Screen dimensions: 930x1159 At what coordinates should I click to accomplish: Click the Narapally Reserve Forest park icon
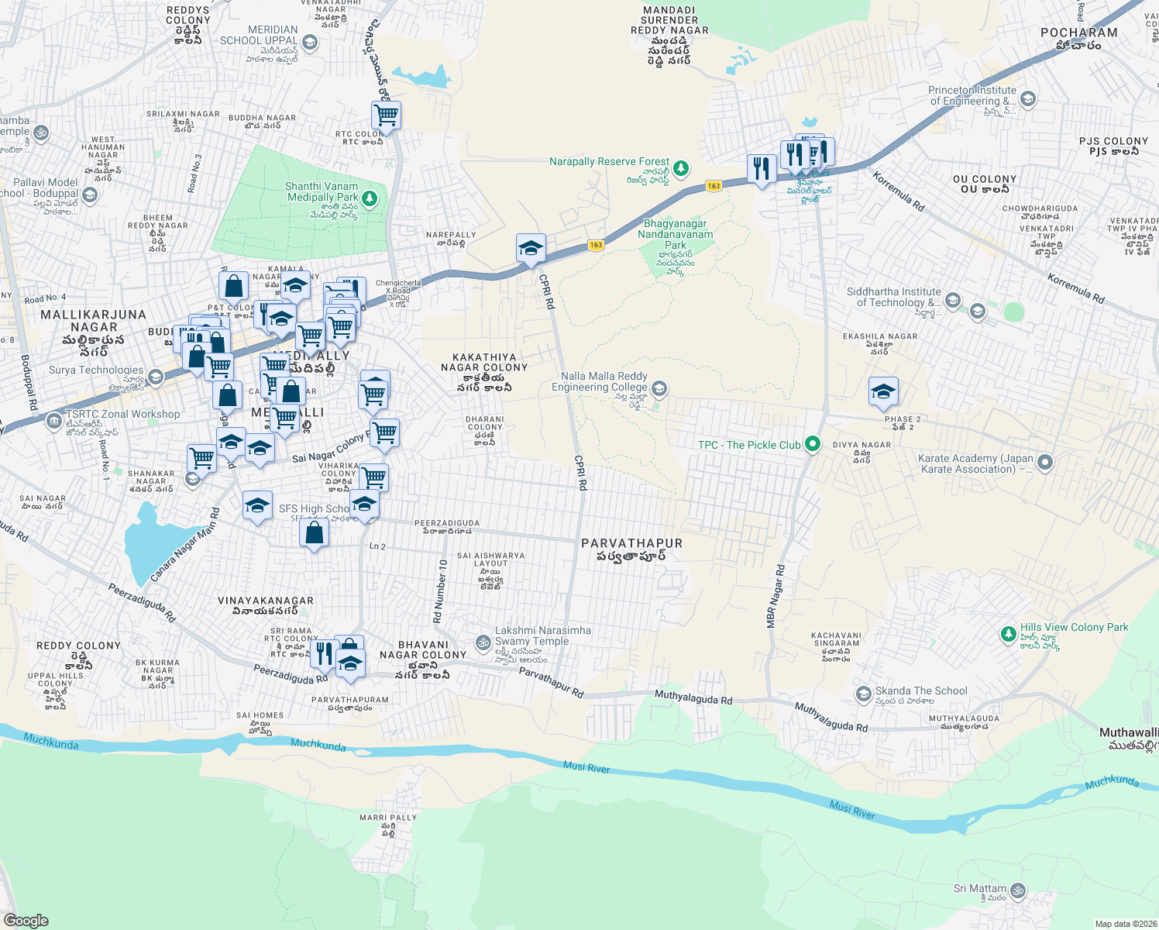tap(680, 167)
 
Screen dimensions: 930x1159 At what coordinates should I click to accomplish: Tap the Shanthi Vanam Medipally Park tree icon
tap(370, 198)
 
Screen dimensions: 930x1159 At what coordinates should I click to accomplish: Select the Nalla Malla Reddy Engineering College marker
tap(659, 387)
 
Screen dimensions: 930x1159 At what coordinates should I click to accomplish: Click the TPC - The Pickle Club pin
tap(813, 444)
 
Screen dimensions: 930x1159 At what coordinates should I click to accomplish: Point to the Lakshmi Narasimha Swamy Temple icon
tap(483, 642)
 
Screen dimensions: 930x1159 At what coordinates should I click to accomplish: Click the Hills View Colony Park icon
tap(1008, 634)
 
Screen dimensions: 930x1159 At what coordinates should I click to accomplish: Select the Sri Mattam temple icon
tap(1018, 890)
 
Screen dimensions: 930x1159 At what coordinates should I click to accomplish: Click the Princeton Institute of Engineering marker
tap(1027, 98)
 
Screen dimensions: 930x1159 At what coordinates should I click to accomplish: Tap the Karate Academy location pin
tap(1045, 463)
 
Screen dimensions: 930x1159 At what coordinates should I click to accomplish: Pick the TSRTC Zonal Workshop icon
tap(53, 422)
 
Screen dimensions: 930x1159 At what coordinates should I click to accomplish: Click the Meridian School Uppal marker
tap(310, 42)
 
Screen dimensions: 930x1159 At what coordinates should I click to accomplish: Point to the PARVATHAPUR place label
tap(632, 544)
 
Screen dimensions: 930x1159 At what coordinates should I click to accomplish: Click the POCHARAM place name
tap(1079, 33)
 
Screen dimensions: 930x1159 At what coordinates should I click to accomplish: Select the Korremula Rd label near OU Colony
tap(899, 191)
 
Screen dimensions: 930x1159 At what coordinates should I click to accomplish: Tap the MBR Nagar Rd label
tap(776, 596)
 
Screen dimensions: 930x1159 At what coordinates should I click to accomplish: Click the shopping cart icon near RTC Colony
tap(386, 116)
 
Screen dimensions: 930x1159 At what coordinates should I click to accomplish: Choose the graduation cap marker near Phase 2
tap(882, 391)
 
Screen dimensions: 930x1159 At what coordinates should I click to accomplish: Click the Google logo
tap(26, 921)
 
